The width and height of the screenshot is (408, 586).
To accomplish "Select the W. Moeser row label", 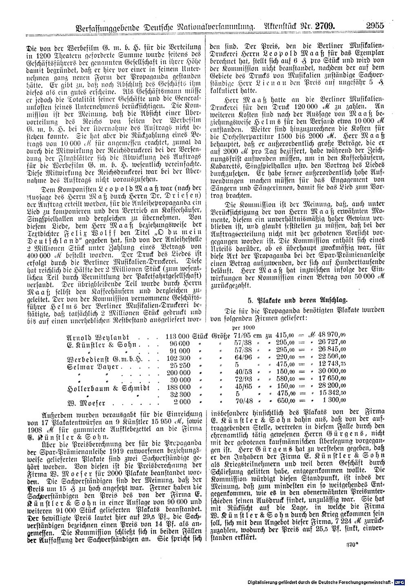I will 82,402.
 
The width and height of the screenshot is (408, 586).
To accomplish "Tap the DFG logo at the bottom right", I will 400,581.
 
